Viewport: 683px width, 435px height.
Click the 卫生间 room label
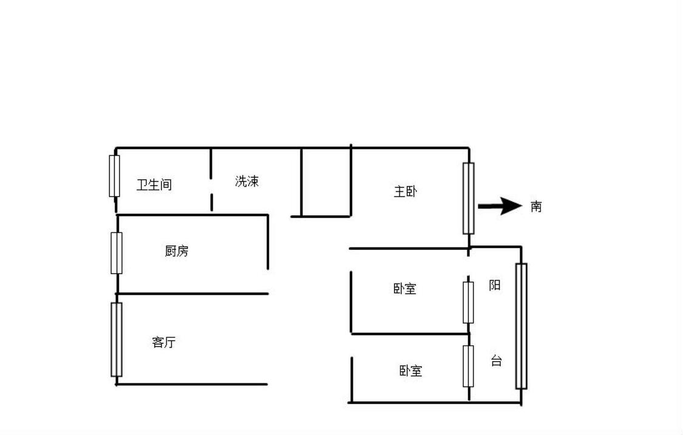154,184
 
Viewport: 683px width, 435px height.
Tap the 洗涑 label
246,181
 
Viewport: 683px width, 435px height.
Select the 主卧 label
406,192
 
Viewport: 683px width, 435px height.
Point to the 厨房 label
177,251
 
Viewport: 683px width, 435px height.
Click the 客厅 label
164,342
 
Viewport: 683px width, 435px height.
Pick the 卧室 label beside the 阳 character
405,288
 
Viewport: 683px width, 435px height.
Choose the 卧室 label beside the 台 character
411,370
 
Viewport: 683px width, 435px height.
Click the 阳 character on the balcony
495,285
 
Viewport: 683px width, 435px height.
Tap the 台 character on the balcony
496,361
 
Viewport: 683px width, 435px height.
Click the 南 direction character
536,206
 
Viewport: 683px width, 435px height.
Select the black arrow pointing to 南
500,206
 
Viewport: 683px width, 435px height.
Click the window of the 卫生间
114,176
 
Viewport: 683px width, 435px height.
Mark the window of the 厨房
117,253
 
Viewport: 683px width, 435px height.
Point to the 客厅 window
117,339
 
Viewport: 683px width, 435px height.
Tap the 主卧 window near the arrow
468,198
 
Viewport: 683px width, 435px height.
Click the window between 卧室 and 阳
468,302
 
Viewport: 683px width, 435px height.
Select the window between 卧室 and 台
468,366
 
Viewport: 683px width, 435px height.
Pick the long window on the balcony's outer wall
521,326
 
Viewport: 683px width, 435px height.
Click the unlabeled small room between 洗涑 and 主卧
326,182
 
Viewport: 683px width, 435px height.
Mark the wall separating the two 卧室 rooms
410,334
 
